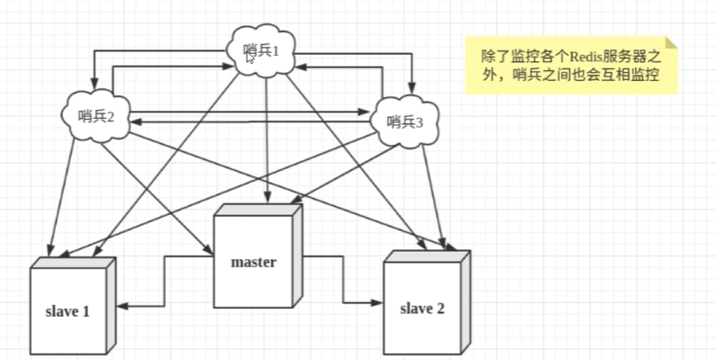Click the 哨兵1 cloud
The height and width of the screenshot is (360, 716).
[262, 49]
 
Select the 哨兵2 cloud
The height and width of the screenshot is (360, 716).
[97, 115]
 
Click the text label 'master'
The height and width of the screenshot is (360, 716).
[253, 263]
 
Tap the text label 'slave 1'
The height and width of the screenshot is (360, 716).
[68, 312]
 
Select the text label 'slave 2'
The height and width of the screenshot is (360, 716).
[421, 309]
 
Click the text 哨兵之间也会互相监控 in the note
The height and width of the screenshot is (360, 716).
[585, 76]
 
